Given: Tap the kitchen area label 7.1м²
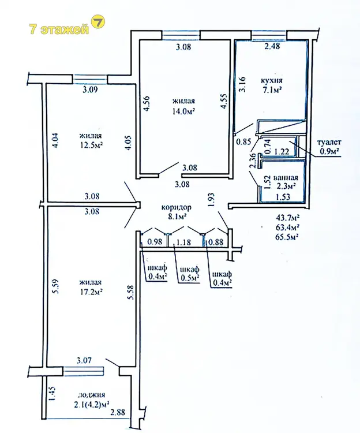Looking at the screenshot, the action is click(x=272, y=90).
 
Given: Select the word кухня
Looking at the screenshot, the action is click(x=272, y=81).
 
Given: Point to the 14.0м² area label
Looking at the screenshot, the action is click(x=183, y=111).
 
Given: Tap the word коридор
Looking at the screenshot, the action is click(x=176, y=207).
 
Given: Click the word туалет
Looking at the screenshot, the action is click(x=329, y=143).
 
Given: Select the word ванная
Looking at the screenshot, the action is click(x=286, y=178).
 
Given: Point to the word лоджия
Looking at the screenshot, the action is click(x=91, y=395).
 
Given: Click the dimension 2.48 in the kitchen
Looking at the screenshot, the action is click(x=272, y=46).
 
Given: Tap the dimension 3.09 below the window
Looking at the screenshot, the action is click(x=90, y=89).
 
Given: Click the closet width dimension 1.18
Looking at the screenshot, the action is click(x=183, y=242).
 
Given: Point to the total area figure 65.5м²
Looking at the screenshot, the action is click(x=288, y=237).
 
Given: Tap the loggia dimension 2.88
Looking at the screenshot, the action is click(x=118, y=412).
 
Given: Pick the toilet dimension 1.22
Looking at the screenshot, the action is click(x=282, y=151).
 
